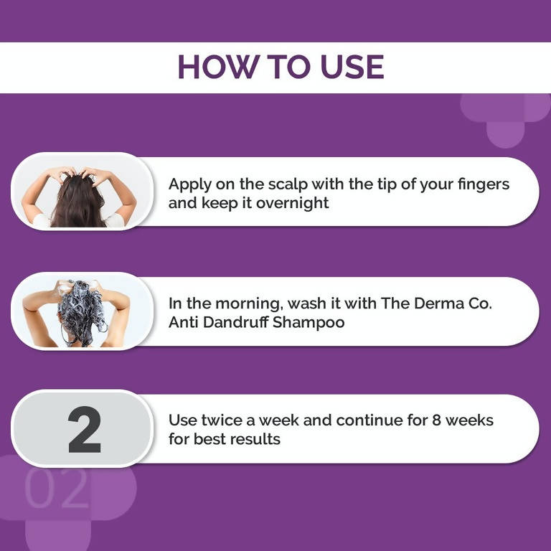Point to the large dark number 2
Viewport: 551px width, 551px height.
tap(84, 430)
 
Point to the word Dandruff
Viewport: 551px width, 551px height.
tap(244, 322)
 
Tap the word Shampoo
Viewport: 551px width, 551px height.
tap(314, 322)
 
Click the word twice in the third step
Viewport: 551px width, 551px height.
tap(217, 420)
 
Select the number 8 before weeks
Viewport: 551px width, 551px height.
tap(436, 420)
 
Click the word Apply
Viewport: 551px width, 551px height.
tap(188, 184)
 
